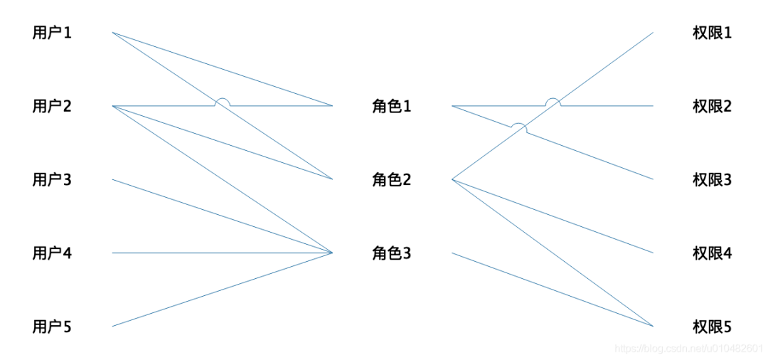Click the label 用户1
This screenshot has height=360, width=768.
tap(52, 33)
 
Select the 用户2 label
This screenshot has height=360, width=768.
tap(52, 106)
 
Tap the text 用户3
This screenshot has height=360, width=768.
tap(52, 180)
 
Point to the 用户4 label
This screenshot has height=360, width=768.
tap(52, 254)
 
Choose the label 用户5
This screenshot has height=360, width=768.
tap(52, 327)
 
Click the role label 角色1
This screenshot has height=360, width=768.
tap(391, 107)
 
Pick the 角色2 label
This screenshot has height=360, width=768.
tap(391, 180)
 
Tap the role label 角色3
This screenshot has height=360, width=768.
tap(391, 254)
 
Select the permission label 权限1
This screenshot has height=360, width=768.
tap(712, 33)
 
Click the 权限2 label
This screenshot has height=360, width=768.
tap(712, 106)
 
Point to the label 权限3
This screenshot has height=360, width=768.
tap(712, 180)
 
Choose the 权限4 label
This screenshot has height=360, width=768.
tap(712, 254)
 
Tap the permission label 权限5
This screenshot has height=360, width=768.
tap(712, 327)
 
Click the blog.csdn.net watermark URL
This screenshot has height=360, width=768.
tap(688, 348)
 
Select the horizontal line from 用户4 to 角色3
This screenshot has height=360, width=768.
tap(223, 253)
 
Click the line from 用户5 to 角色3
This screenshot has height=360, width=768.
tap(223, 290)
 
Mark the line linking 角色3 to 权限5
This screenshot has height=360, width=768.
tap(553, 290)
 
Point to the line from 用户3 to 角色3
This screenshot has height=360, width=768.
tap(223, 216)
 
